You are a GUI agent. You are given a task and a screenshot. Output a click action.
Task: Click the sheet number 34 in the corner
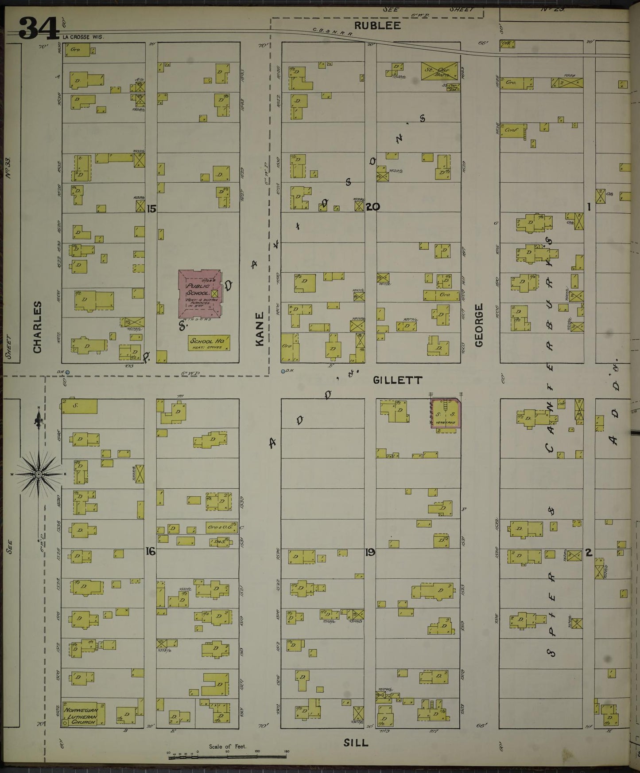(x=39, y=28)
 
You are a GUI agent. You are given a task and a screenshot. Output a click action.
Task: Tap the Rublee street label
(x=383, y=26)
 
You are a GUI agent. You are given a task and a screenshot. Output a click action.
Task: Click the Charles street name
(x=37, y=327)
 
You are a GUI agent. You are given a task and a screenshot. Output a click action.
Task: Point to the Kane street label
(x=260, y=329)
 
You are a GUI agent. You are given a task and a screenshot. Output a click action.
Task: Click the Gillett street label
(x=397, y=380)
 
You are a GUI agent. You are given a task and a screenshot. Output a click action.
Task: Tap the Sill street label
(x=356, y=742)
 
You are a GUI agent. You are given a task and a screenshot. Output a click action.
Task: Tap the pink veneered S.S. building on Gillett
(x=446, y=414)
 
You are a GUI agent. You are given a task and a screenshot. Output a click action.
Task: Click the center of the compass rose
(x=39, y=475)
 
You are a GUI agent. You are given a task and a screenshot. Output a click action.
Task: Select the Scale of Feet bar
(x=228, y=757)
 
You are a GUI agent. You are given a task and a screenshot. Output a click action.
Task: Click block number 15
(x=151, y=208)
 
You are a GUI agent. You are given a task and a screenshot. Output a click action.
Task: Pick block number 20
(x=373, y=207)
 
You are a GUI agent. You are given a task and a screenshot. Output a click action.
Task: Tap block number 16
(x=151, y=552)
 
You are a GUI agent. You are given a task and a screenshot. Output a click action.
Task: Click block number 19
(x=370, y=553)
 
